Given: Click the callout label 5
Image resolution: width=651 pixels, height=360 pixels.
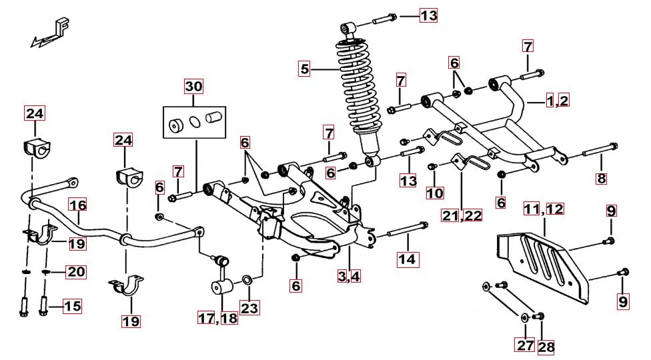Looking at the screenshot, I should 305,68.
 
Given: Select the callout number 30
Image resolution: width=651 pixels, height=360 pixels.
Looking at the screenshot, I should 193,87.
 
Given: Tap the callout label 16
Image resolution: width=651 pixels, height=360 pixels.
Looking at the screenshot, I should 78,205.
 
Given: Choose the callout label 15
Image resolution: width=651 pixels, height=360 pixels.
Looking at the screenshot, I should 72,306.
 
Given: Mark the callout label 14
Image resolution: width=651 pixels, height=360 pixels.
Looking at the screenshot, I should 408,259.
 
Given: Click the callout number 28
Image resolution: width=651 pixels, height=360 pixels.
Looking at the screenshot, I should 546,346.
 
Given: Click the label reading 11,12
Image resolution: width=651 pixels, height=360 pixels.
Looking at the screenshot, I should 544,209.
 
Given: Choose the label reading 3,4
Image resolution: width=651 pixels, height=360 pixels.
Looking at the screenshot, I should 348,275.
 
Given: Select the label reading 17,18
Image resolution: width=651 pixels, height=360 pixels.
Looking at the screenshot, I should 217,318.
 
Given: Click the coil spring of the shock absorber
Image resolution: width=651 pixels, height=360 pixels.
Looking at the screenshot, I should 356,87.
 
